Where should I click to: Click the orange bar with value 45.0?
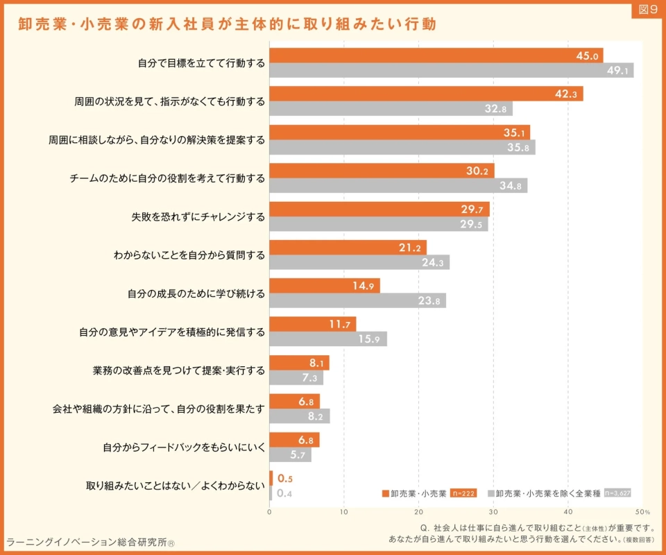[436, 55]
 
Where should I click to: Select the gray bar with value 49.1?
[452, 71]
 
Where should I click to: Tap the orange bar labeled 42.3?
[426, 94]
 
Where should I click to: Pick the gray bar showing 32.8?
[391, 109]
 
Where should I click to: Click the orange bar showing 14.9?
[325, 286]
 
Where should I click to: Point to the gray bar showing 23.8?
[358, 300]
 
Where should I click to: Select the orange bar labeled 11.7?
[313, 325]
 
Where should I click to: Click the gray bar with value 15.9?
[328, 339]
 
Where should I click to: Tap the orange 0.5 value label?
[285, 479]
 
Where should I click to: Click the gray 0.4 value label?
[284, 493]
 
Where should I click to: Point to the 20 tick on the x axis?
[418, 512]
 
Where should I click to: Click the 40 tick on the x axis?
[568, 512]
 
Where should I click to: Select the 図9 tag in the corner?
[648, 9]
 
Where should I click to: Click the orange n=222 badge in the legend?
[463, 493]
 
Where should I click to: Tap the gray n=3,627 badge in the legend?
[617, 493]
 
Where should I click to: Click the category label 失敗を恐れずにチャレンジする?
[198, 217]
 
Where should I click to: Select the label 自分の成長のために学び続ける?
[196, 294]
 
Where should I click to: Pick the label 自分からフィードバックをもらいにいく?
[184, 447]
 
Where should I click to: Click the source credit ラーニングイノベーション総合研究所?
[90, 543]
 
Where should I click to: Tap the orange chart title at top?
[228, 24]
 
